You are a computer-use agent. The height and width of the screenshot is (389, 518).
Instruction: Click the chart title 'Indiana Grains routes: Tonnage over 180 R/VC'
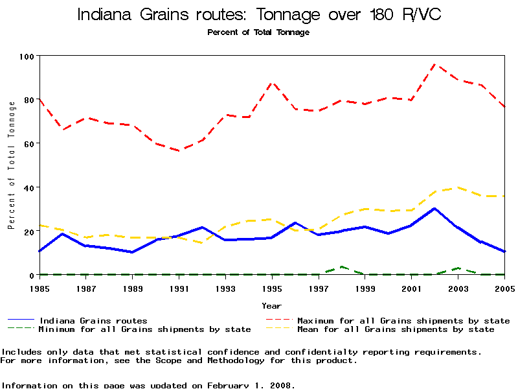click(259, 15)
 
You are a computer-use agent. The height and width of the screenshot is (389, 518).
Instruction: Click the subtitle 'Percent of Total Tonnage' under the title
click(258, 32)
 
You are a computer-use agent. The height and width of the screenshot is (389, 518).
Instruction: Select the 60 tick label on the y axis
click(28, 143)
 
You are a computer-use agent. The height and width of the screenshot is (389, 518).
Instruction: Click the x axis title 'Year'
click(272, 305)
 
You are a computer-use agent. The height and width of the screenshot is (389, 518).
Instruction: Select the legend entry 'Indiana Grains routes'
click(93, 320)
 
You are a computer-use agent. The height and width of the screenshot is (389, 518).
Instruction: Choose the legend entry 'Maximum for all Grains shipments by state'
click(403, 320)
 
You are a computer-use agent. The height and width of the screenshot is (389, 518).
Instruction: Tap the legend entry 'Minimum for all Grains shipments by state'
click(144, 329)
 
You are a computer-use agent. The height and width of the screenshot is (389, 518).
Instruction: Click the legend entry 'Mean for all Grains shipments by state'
click(395, 329)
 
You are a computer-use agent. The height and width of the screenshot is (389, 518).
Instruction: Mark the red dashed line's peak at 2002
click(435, 64)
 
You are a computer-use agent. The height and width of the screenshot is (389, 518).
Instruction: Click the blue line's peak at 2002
click(435, 209)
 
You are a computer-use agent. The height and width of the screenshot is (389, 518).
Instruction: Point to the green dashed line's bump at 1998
click(342, 266)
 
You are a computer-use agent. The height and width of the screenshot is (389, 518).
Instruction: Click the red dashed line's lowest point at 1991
click(179, 150)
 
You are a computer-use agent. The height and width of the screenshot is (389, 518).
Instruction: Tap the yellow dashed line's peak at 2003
click(458, 187)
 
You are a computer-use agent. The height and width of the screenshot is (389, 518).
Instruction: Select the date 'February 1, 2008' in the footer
click(251, 385)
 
